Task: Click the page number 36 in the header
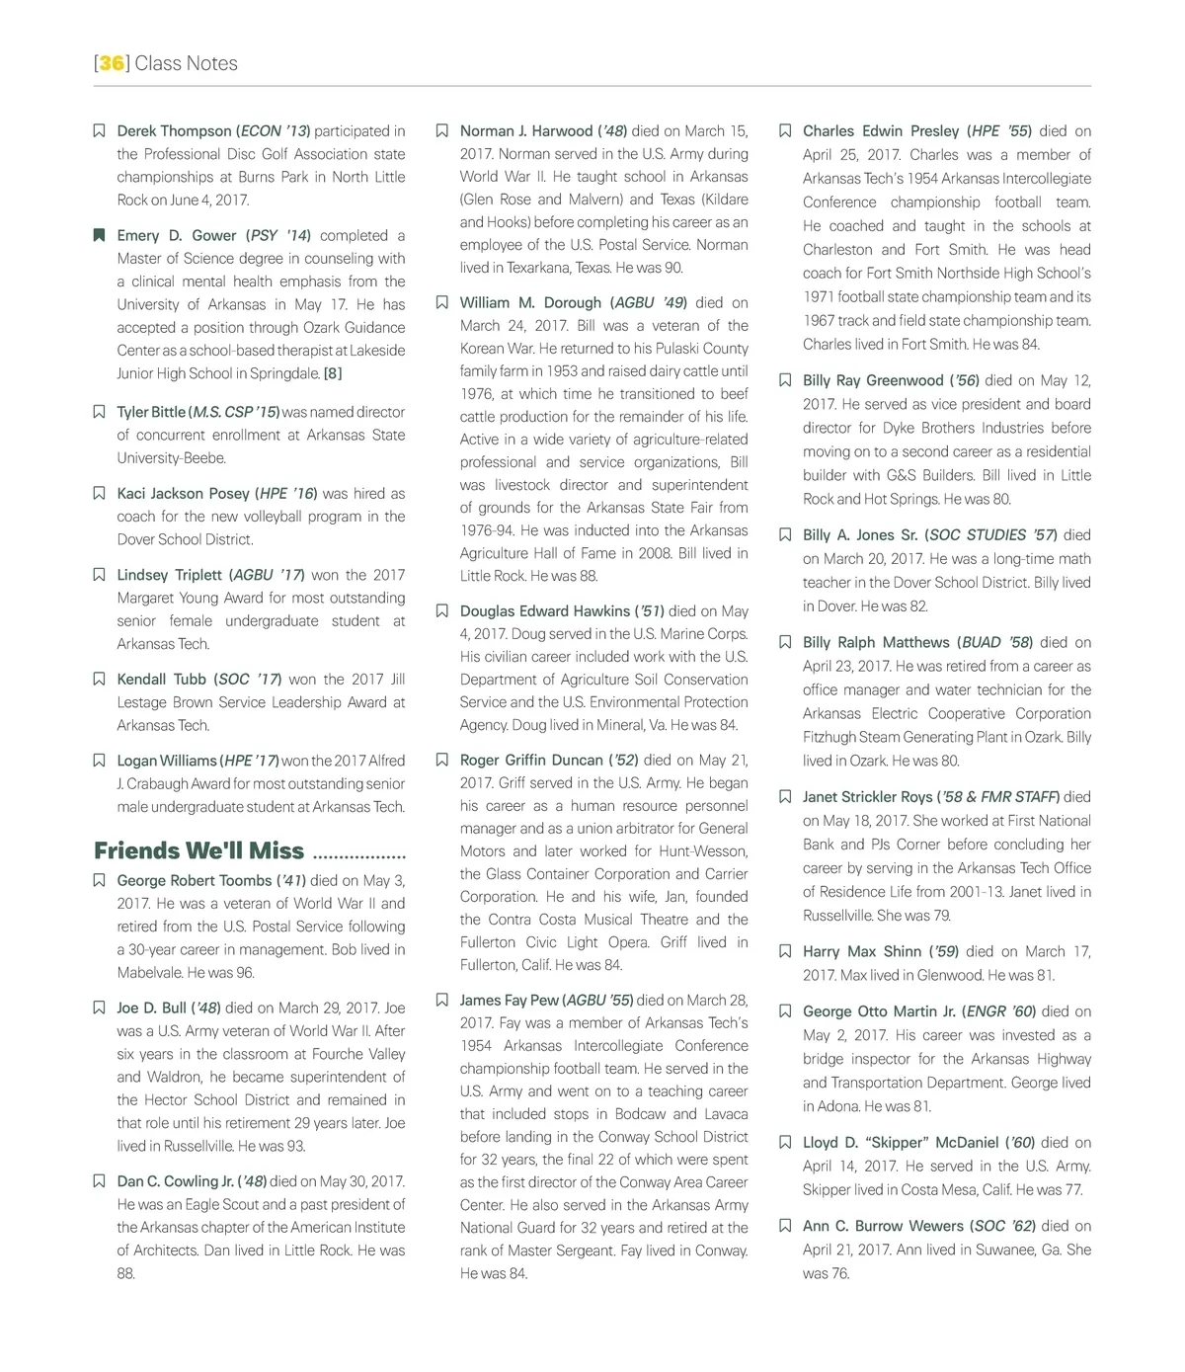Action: click(x=112, y=63)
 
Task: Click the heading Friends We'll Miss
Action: click(x=198, y=850)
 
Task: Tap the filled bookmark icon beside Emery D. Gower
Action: click(x=99, y=235)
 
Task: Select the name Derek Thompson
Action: click(x=174, y=130)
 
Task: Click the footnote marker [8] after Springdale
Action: click(x=333, y=373)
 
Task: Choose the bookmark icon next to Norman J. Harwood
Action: click(x=442, y=130)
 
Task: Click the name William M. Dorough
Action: click(x=530, y=302)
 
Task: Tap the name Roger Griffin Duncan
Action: click(x=531, y=760)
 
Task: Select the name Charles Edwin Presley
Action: click(x=881, y=130)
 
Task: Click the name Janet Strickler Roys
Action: click(x=867, y=796)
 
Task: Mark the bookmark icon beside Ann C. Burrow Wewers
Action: click(x=785, y=1226)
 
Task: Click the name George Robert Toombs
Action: click(x=194, y=880)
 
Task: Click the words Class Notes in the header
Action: click(x=186, y=63)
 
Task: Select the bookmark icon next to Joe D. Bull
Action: click(x=99, y=1008)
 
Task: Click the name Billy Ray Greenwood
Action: click(x=872, y=380)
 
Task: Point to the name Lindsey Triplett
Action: click(x=169, y=575)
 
